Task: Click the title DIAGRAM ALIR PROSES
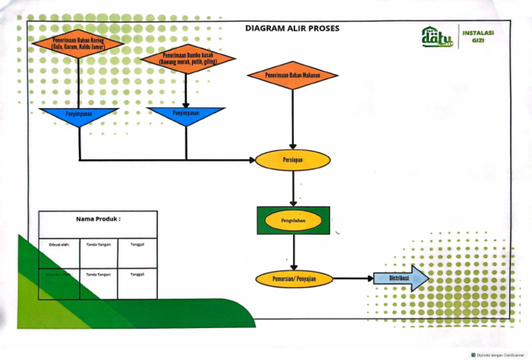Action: [292, 29]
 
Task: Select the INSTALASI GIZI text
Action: [477, 36]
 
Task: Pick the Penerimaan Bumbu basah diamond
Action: [186, 59]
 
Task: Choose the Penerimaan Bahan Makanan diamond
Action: [292, 75]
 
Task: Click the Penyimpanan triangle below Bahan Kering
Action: [78, 116]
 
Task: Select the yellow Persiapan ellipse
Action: [292, 160]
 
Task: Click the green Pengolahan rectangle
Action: [293, 221]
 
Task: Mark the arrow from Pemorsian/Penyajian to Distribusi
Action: [353, 279]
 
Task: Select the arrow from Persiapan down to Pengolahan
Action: [294, 188]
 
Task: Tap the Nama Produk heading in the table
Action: [98, 219]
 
